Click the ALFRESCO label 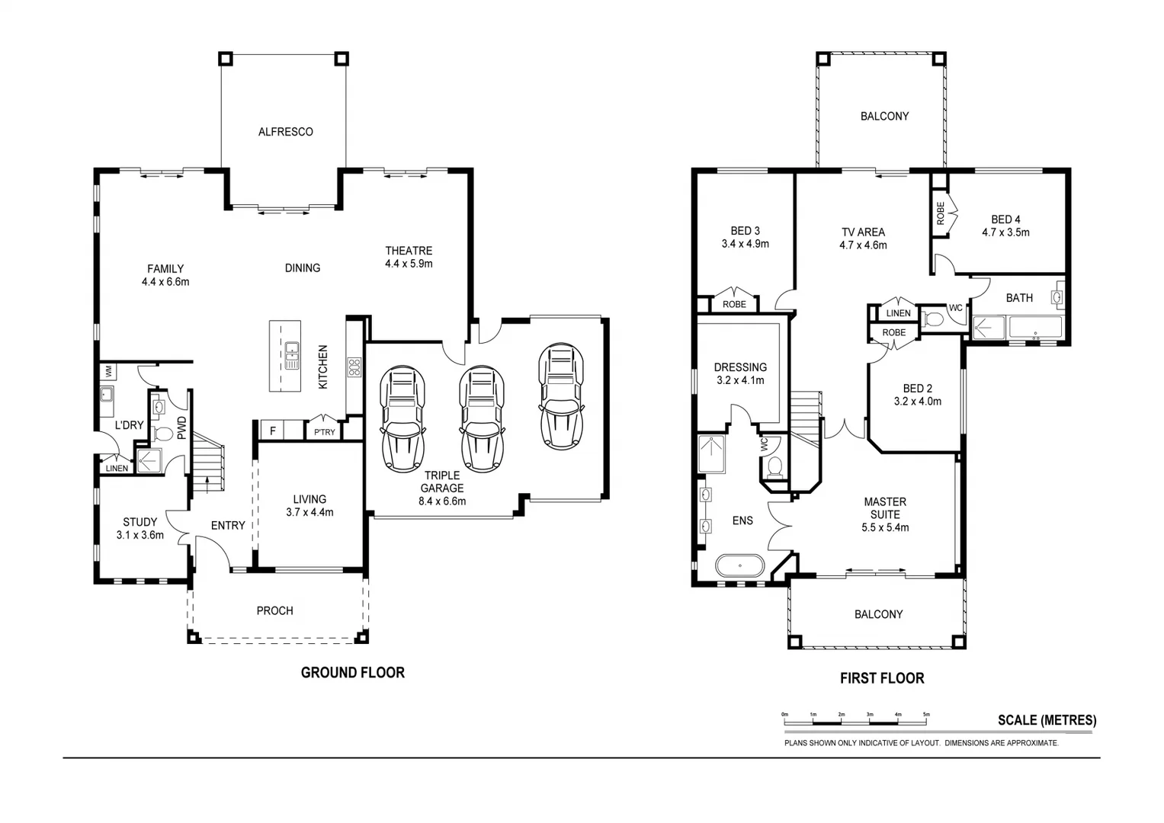click(285, 132)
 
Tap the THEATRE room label click(409, 251)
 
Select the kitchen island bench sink click(291, 356)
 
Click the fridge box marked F click(272, 431)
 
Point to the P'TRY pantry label click(324, 433)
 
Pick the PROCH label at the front click(274, 610)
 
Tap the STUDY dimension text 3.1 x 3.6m click(140, 535)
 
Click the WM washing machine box click(108, 372)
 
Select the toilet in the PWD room click(162, 434)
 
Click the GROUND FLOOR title click(352, 672)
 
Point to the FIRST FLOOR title click(882, 678)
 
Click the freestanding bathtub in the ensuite click(739, 566)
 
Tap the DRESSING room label click(740, 367)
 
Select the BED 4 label click(1005, 219)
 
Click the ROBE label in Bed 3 click(734, 304)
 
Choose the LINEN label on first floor click(898, 313)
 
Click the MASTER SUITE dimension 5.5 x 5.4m click(885, 527)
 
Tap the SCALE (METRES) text click(1047, 720)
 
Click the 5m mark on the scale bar click(926, 715)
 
